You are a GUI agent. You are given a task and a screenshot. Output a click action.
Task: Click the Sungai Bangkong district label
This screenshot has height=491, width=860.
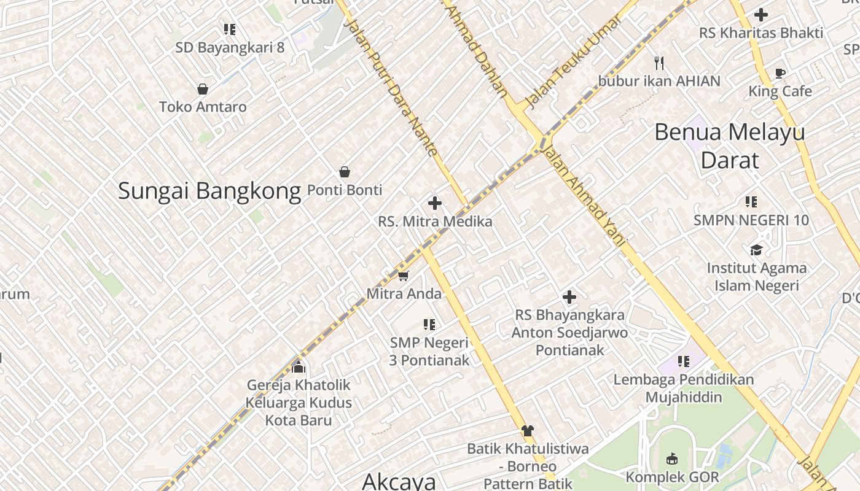coord(209,191)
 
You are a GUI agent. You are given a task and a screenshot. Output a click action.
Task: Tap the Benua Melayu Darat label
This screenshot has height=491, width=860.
coord(730,146)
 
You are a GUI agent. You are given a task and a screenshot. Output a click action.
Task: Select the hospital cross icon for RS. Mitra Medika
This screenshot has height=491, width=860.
coord(435,203)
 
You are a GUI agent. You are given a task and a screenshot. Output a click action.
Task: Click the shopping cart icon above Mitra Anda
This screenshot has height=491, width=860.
coord(403,276)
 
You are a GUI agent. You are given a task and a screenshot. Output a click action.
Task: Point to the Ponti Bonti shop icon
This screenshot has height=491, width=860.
coord(345,172)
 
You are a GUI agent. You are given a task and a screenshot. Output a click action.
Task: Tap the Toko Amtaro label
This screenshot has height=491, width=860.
coord(203,107)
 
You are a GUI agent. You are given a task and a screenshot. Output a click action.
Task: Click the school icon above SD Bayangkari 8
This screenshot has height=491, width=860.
coord(230,29)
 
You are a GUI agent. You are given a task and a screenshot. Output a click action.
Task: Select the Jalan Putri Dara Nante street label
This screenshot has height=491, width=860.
coord(393,86)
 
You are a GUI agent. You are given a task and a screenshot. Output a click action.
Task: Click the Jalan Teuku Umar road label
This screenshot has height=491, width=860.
coord(571,61)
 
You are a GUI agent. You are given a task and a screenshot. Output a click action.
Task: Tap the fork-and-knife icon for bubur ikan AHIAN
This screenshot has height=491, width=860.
coord(660,63)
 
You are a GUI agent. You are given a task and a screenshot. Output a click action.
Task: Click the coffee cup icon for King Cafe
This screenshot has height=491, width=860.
coord(780,74)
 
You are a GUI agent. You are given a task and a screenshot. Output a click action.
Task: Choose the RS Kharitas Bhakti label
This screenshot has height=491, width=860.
coord(761,33)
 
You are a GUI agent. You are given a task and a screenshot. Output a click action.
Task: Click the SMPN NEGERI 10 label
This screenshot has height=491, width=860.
coord(751,220)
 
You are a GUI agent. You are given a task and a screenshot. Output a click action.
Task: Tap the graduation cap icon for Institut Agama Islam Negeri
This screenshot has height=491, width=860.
coord(756,250)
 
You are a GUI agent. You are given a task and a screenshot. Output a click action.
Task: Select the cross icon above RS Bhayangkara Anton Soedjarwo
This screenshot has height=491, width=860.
coord(569,298)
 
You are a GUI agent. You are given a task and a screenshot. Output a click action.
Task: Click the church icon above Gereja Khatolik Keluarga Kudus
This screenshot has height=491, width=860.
coord(299,367)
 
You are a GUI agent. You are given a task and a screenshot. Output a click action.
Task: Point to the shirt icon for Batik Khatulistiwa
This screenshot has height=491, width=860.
coord(527,430)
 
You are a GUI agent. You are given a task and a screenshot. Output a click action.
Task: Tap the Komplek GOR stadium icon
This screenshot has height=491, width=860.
coord(672,458)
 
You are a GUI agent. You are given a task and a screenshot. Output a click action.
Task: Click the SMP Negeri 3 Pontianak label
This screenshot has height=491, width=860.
coord(429,352)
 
